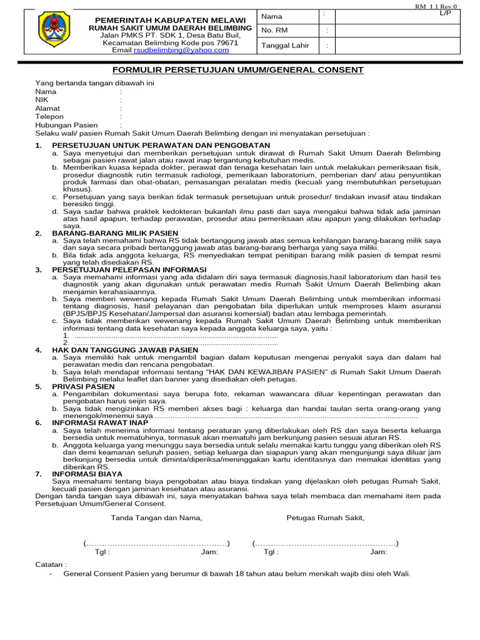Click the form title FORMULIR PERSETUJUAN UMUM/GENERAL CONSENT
[x=237, y=70]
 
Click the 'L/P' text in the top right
[x=445, y=12]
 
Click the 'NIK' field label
[x=42, y=99]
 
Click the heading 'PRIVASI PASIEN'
[x=83, y=386]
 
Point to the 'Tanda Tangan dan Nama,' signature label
[x=156, y=517]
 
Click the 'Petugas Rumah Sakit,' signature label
[x=325, y=517]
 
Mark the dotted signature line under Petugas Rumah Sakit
[x=326, y=542]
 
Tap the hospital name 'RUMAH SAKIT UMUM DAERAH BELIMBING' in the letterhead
[x=171, y=28]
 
